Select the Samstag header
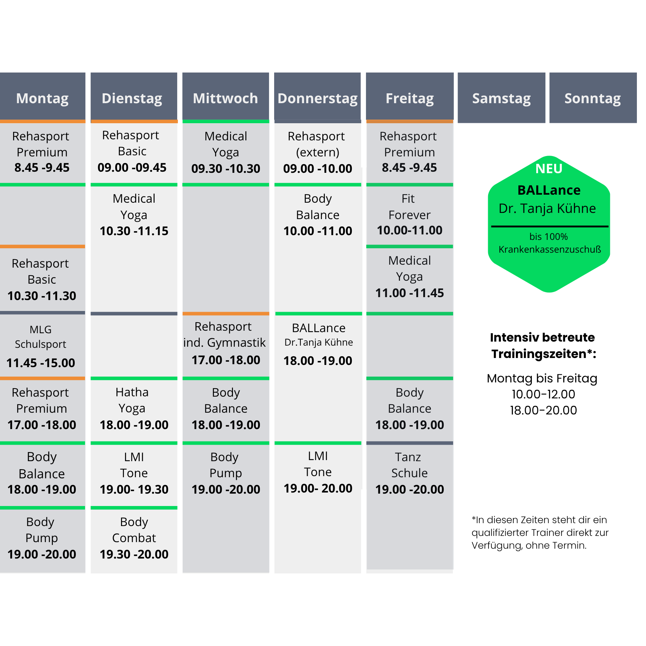click(501, 98)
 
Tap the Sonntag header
click(593, 98)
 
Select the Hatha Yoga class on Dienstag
click(134, 409)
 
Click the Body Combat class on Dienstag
click(134, 538)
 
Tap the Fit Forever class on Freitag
click(409, 214)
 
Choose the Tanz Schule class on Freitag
click(409, 473)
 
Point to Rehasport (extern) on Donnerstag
click(317, 152)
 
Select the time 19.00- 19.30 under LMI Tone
click(134, 489)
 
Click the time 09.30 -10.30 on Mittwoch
click(226, 168)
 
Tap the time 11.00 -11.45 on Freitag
click(409, 293)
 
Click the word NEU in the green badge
click(549, 169)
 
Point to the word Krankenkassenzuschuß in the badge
click(550, 249)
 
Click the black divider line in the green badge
click(549, 226)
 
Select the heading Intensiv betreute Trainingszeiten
click(543, 346)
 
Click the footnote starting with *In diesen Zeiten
click(540, 532)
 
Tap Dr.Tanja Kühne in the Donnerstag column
click(319, 342)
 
